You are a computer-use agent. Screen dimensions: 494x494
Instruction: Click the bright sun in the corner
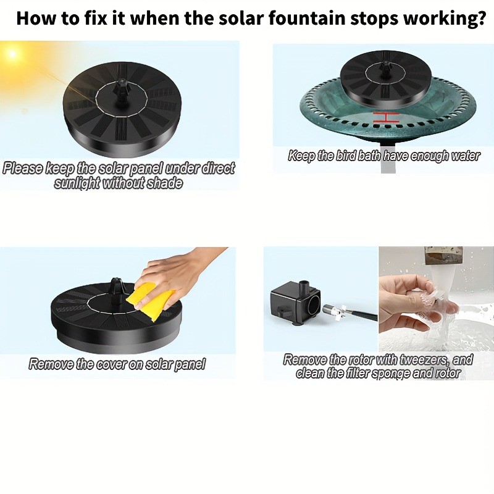(x=12, y=53)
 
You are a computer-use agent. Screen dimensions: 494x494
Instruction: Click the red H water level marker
(x=385, y=117)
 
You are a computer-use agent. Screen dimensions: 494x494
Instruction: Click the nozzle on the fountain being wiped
(x=117, y=286)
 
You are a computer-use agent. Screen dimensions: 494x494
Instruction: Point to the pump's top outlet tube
(x=304, y=287)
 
